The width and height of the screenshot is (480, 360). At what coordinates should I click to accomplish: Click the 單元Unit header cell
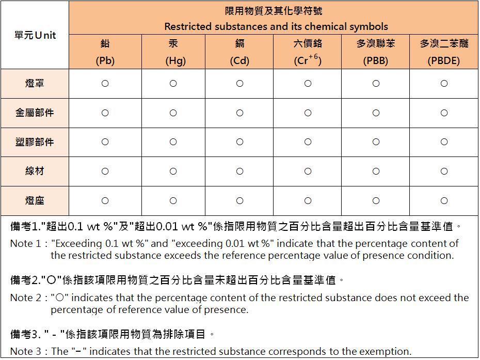click(x=35, y=35)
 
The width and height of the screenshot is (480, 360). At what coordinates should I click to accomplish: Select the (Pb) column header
click(x=105, y=52)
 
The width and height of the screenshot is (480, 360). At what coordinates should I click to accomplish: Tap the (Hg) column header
click(x=173, y=52)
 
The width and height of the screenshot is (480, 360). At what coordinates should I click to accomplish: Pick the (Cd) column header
click(x=239, y=52)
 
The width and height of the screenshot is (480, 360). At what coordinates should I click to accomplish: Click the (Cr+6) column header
click(x=308, y=52)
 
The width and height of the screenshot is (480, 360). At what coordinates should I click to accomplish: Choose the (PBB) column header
click(x=376, y=52)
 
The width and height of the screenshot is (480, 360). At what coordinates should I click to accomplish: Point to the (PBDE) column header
click(x=444, y=52)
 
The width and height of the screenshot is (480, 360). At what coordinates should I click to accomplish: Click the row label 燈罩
click(x=35, y=83)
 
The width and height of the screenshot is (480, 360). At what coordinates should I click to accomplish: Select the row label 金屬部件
click(x=35, y=113)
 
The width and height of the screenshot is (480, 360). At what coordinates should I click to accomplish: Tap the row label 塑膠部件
click(x=35, y=142)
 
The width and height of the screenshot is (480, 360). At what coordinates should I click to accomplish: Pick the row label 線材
click(x=35, y=171)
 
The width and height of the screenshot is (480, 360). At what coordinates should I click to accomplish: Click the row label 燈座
click(x=35, y=200)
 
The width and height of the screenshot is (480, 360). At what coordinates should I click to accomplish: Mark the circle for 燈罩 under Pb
click(x=105, y=84)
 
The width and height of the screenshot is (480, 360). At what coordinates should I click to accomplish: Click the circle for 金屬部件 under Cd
click(x=239, y=113)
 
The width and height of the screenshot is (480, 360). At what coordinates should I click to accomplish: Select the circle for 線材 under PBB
click(x=376, y=171)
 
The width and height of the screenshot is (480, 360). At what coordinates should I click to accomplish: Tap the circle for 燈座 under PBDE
click(x=444, y=201)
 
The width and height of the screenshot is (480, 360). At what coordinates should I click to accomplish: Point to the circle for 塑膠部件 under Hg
click(x=173, y=142)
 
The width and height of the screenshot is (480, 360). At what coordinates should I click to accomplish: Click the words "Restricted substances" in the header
click(x=209, y=26)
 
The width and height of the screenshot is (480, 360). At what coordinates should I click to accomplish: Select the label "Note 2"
click(x=25, y=298)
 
